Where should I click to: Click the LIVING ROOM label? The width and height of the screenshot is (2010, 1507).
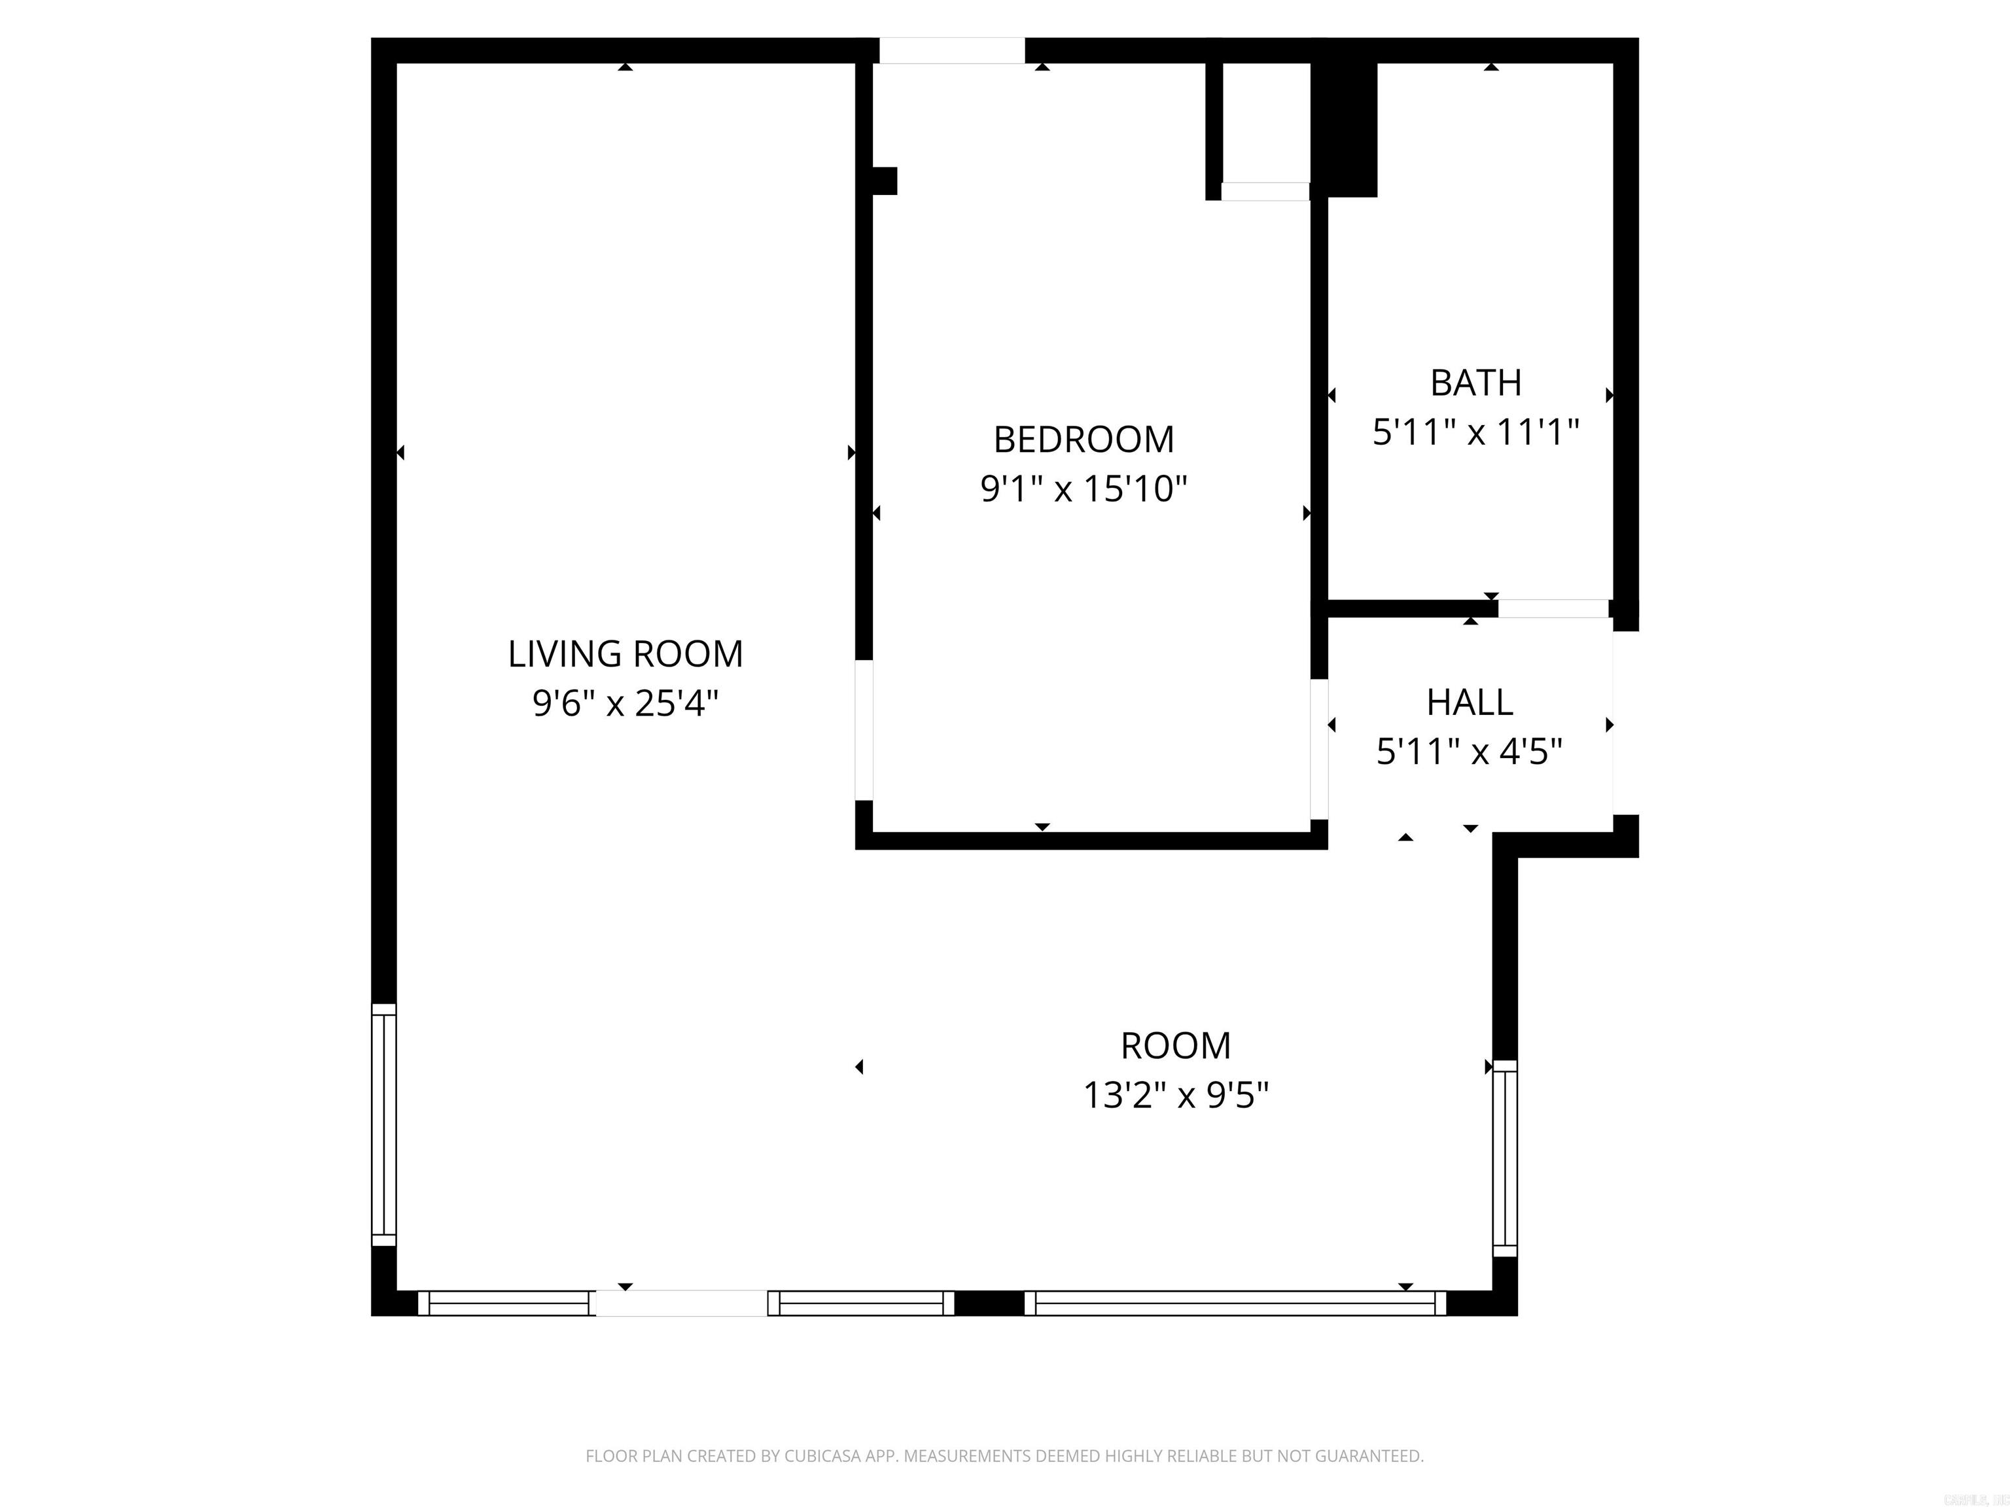click(625, 654)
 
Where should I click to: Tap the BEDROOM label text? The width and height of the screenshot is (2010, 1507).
click(1083, 440)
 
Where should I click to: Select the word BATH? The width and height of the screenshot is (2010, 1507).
click(1475, 383)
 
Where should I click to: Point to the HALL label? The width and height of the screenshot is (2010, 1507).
click(1470, 702)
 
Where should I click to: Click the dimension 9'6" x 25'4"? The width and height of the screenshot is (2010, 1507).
click(625, 704)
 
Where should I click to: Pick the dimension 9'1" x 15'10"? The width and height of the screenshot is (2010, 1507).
click(1083, 490)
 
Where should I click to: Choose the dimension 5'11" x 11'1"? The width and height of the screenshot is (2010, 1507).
click(1475, 433)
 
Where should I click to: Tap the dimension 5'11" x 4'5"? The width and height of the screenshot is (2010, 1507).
click(1470, 752)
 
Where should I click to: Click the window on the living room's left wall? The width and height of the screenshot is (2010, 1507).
click(384, 1124)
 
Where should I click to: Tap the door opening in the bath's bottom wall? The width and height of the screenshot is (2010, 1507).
click(1553, 608)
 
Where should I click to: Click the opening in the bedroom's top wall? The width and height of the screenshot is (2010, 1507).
click(951, 51)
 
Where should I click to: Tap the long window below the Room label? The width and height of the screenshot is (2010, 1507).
click(1235, 1304)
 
